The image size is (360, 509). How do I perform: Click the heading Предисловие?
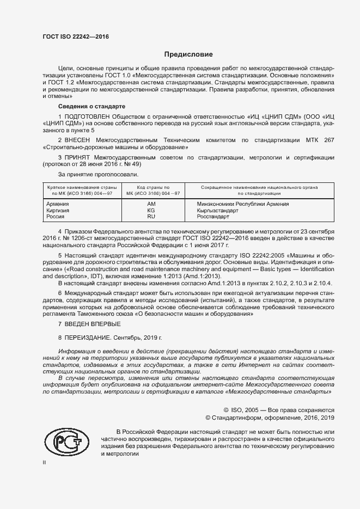189,54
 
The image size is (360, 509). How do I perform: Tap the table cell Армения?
58,204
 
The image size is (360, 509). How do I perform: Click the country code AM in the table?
151,204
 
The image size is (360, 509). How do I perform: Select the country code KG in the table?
151,210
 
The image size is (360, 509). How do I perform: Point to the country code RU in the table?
151,217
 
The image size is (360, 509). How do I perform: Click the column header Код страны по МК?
152,190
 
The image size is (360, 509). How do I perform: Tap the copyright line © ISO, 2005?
279,409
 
